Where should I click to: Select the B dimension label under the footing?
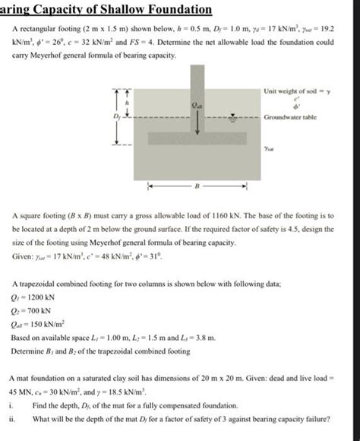(197, 185)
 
